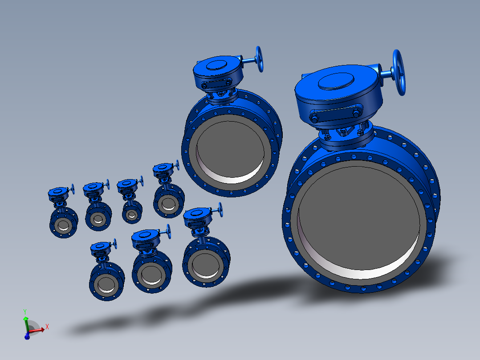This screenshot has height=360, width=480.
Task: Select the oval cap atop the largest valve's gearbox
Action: point(336,81)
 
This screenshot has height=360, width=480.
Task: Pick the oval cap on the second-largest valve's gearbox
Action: point(216,65)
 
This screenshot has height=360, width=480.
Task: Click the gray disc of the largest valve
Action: point(358,214)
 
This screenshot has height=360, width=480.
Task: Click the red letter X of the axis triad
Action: point(47,327)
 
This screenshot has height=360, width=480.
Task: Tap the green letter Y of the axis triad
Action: point(25,312)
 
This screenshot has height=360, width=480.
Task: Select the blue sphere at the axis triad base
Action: point(27,337)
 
